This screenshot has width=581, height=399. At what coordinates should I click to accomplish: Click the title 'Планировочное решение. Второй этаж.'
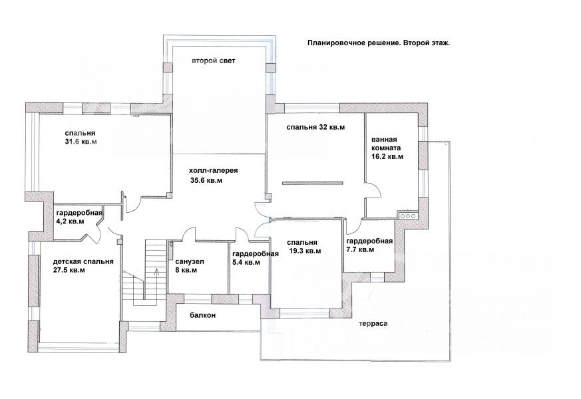pyautogui.click(x=379, y=43)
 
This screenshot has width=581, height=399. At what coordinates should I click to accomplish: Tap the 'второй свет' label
pyautogui.click(x=213, y=61)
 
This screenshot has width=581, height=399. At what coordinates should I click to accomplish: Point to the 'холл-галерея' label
pyautogui.click(x=213, y=171)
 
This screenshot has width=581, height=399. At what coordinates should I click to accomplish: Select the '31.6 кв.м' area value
pyautogui.click(x=81, y=142)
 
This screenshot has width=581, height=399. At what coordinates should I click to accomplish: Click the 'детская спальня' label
pyautogui.click(x=83, y=261)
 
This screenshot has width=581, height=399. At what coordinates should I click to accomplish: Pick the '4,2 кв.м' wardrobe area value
pyautogui.click(x=70, y=221)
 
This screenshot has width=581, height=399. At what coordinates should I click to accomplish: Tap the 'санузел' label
pyautogui.click(x=190, y=262)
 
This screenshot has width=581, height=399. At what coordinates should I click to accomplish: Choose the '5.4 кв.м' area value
pyautogui.click(x=246, y=263)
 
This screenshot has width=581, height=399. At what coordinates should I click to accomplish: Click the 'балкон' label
pyautogui.click(x=202, y=315)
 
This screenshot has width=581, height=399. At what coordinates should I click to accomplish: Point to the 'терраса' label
pyautogui.click(x=373, y=323)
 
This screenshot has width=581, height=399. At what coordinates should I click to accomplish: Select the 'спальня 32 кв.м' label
pyautogui.click(x=315, y=127)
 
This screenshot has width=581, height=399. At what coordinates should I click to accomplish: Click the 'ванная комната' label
pyautogui.click(x=386, y=144)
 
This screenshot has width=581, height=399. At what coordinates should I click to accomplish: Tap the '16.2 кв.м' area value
pyautogui.click(x=387, y=156)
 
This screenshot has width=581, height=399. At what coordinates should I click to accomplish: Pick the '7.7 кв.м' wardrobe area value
pyautogui.click(x=360, y=250)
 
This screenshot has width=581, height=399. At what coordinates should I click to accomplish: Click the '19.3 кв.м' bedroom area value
pyautogui.click(x=305, y=251)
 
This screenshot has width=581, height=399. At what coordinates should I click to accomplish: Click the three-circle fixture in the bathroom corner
pyautogui.click(x=407, y=215)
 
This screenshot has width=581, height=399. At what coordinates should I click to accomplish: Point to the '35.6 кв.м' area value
pyautogui.click(x=207, y=181)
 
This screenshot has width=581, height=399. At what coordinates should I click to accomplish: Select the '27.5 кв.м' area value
pyautogui.click(x=69, y=270)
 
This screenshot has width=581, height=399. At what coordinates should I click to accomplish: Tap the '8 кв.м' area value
pyautogui.click(x=186, y=270)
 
